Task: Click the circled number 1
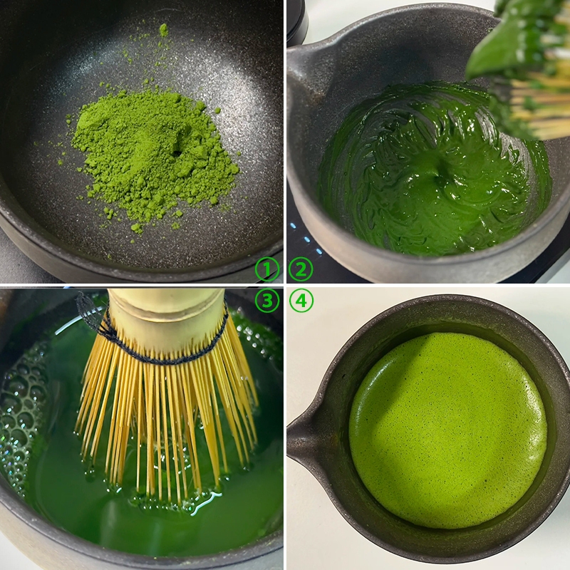[266, 270]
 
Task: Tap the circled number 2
[301, 270]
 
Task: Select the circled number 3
[266, 301]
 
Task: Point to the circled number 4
[301, 301]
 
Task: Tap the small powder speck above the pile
[164, 30]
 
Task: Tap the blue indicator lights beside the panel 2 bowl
[306, 239]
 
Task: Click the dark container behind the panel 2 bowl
[297, 19]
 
